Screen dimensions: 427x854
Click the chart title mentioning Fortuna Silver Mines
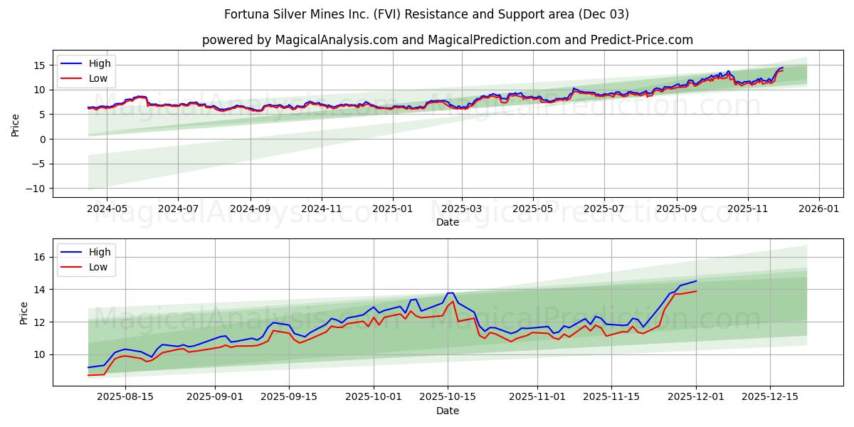tap(426, 14)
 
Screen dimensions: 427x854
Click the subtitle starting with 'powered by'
tap(447, 40)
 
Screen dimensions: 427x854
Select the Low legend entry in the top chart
tap(98, 79)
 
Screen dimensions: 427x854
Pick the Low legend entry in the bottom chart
tap(98, 268)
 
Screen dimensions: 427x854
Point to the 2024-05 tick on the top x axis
tap(107, 209)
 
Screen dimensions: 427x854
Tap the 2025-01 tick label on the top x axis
tap(392, 209)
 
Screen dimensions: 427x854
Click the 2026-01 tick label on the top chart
tap(819, 209)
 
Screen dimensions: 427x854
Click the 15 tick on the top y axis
tap(41, 65)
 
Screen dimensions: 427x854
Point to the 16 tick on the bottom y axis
tap(41, 257)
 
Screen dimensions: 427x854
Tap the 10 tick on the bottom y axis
tap(41, 354)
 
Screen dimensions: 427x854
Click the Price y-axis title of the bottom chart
tap(24, 312)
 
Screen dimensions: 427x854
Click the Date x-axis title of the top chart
tap(447, 222)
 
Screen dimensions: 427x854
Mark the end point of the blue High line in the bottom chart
tap(696, 280)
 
